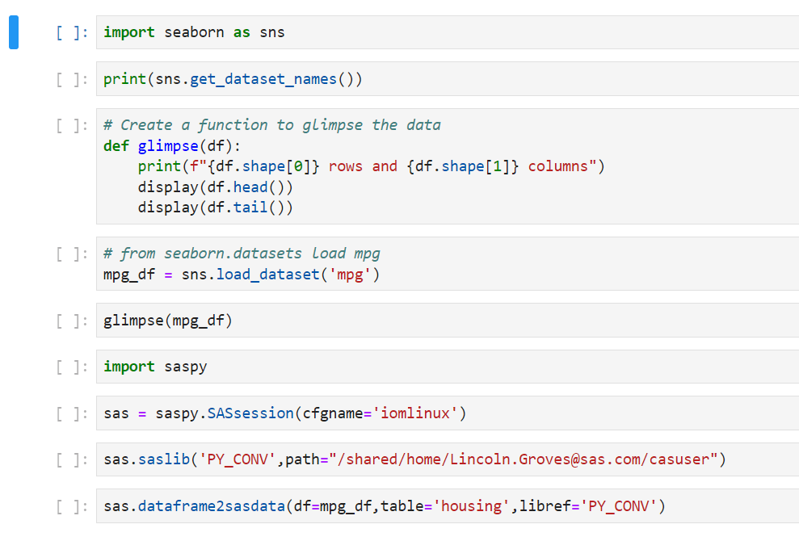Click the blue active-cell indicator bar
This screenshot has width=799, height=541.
tap(14, 32)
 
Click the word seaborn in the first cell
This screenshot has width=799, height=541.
tap(195, 32)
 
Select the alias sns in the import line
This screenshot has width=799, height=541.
tap(272, 32)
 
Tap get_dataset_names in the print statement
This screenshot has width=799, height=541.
tap(263, 79)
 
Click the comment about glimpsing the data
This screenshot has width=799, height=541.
tap(272, 124)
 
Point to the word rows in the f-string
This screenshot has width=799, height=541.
tap(346, 166)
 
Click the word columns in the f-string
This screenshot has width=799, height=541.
tap(558, 166)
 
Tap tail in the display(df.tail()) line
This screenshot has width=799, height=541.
tap(259, 208)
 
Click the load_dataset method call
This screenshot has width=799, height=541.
tap(267, 275)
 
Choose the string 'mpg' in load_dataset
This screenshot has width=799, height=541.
tap(351, 275)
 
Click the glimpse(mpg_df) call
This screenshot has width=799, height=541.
tap(168, 321)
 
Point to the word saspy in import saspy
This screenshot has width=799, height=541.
tap(186, 367)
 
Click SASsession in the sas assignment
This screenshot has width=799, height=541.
tap(250, 413)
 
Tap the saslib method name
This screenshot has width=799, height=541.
tap(164, 460)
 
